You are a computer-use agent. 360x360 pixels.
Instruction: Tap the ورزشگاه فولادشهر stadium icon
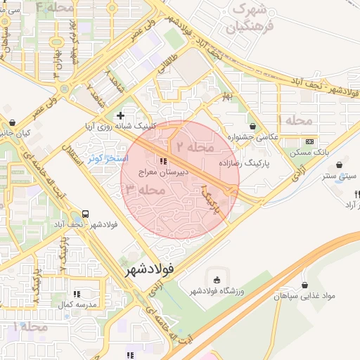(216, 279)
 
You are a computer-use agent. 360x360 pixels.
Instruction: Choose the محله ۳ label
(146, 189)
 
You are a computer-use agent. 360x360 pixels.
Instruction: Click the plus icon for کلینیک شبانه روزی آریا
(121, 115)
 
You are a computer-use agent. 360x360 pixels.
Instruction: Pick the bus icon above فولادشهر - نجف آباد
(86, 213)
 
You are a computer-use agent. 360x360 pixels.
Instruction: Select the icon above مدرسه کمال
(77, 293)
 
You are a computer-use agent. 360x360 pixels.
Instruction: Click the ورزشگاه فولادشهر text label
(214, 291)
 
